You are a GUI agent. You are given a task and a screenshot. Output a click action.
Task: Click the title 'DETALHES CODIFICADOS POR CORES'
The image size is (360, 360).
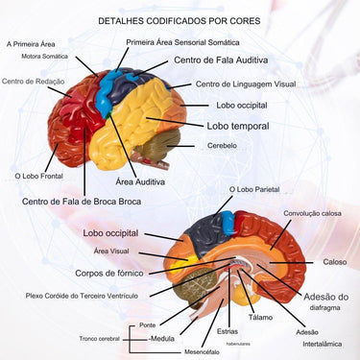click(179, 19)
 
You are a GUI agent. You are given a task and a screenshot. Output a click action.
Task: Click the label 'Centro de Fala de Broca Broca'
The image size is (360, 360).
click(82, 202)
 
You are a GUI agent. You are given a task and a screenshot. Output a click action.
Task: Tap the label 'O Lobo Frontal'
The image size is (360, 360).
click(38, 177)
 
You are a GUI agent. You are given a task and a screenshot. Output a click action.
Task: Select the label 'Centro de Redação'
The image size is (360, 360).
click(32, 82)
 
